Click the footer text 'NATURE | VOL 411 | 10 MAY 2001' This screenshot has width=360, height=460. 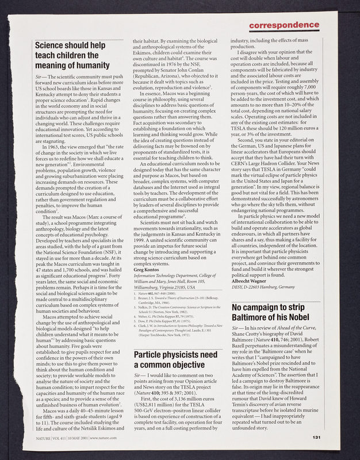point(69,438)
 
